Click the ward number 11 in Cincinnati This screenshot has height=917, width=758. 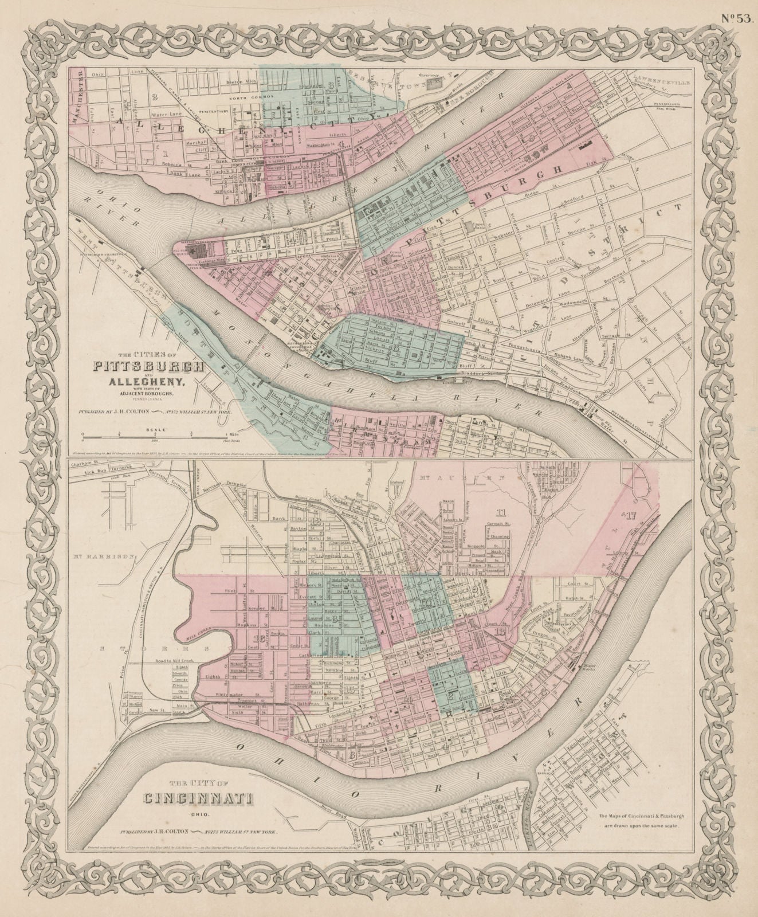pyautogui.click(x=502, y=512)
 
